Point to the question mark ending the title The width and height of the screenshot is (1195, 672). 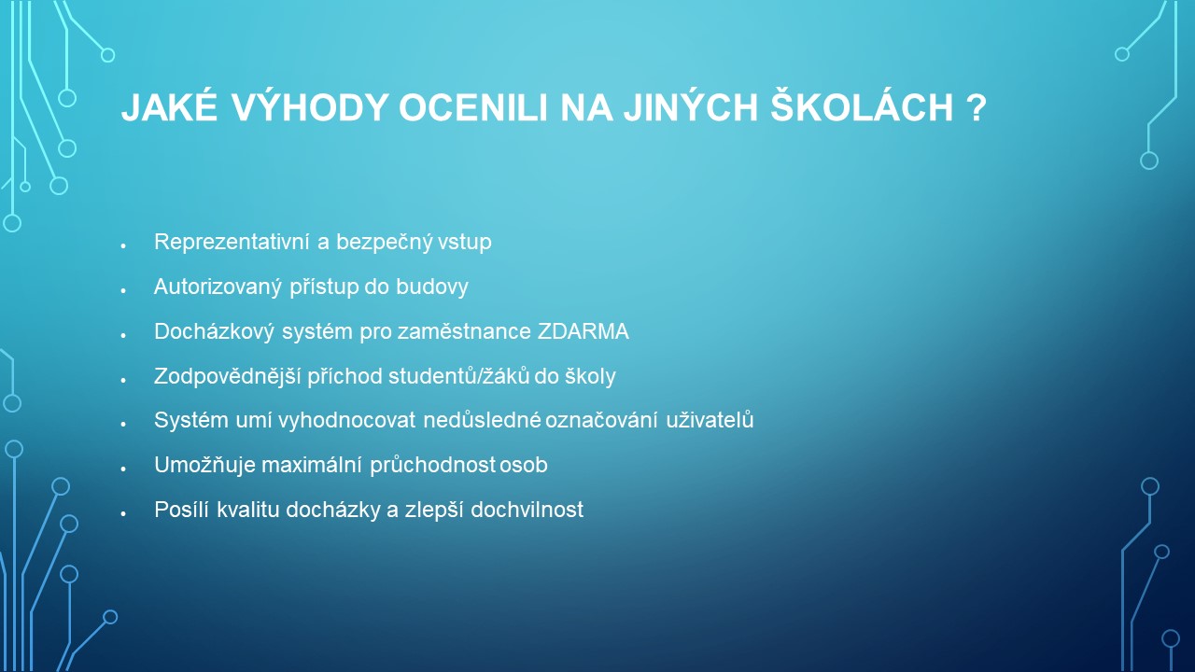click(976, 108)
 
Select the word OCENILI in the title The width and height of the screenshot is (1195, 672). click(473, 108)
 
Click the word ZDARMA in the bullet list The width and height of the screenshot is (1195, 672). click(583, 331)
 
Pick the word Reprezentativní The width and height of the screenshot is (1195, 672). click(232, 242)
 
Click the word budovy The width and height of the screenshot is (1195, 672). click(432, 287)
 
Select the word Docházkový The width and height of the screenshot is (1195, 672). click(214, 331)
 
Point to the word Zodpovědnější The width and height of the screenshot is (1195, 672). click(227, 376)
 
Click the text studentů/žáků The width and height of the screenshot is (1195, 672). click(458, 376)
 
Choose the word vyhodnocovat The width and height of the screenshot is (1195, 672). click(346, 421)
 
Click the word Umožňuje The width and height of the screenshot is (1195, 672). click(204, 466)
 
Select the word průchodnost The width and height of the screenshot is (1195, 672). click(432, 466)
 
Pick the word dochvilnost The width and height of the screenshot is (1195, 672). click(527, 510)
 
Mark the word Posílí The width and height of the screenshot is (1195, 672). click(181, 510)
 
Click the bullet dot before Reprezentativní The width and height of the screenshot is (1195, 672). click(123, 246)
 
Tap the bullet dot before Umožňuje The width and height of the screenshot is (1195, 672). click(123, 469)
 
